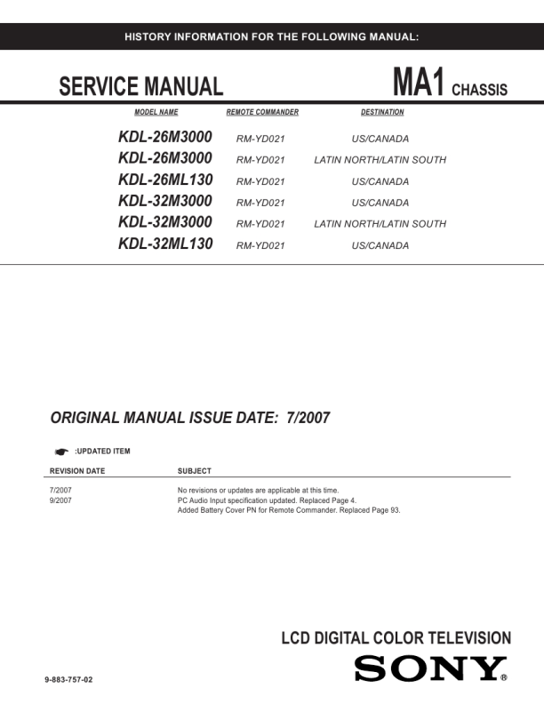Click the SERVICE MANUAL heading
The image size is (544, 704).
140,87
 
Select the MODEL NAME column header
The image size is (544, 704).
156,113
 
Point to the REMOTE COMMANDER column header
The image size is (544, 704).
262,113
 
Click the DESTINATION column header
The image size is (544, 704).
382,113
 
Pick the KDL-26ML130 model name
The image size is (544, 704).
165,180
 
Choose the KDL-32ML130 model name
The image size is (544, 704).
165,244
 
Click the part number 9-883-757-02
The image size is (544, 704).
68,680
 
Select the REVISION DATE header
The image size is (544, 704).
77,471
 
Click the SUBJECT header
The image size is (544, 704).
195,471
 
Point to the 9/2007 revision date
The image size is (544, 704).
60,500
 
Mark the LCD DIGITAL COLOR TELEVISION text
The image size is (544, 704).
396,638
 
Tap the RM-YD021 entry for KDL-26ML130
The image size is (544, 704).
260,181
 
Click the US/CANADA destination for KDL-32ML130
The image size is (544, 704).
380,245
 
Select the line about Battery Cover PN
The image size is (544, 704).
289,510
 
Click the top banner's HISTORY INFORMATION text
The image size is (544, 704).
272,36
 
